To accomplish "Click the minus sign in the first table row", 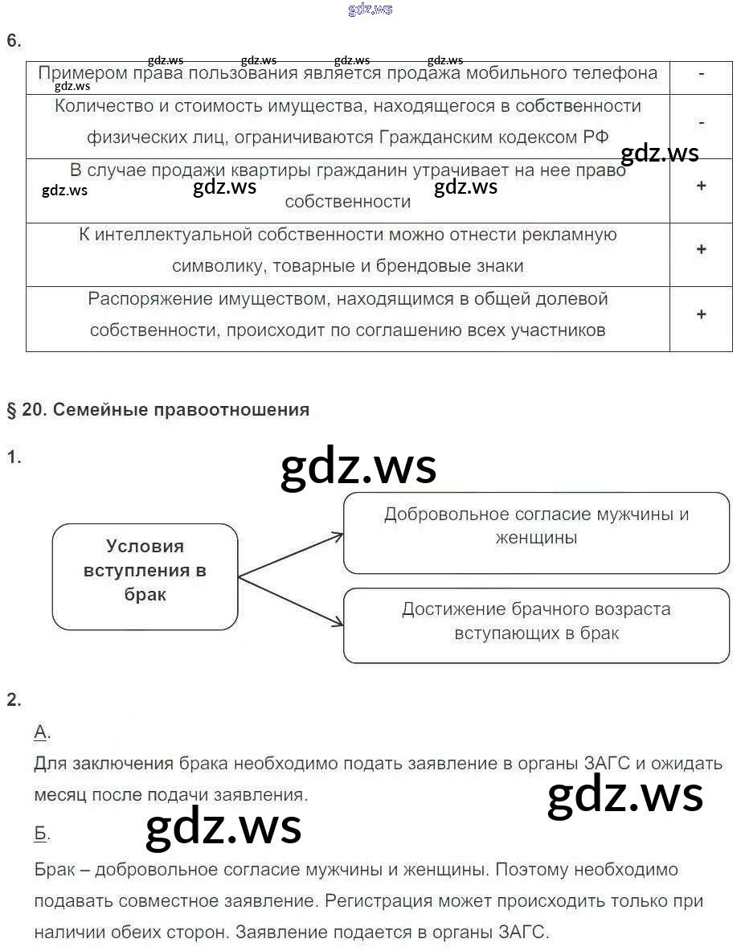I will (x=701, y=73).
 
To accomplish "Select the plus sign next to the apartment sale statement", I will (x=701, y=186).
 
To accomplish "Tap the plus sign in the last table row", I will (x=701, y=314).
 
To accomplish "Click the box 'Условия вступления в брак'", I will (x=145, y=571).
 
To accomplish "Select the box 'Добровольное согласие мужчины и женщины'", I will (x=536, y=526).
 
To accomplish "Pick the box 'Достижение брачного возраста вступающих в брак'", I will (x=536, y=621).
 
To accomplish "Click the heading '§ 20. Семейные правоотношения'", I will (x=158, y=410).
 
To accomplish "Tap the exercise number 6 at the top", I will (x=13, y=41).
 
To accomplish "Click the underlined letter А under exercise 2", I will (x=41, y=732).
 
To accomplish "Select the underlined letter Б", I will (x=41, y=834).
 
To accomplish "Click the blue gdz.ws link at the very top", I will (x=370, y=10).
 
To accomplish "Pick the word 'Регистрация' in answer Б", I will (x=375, y=902).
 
